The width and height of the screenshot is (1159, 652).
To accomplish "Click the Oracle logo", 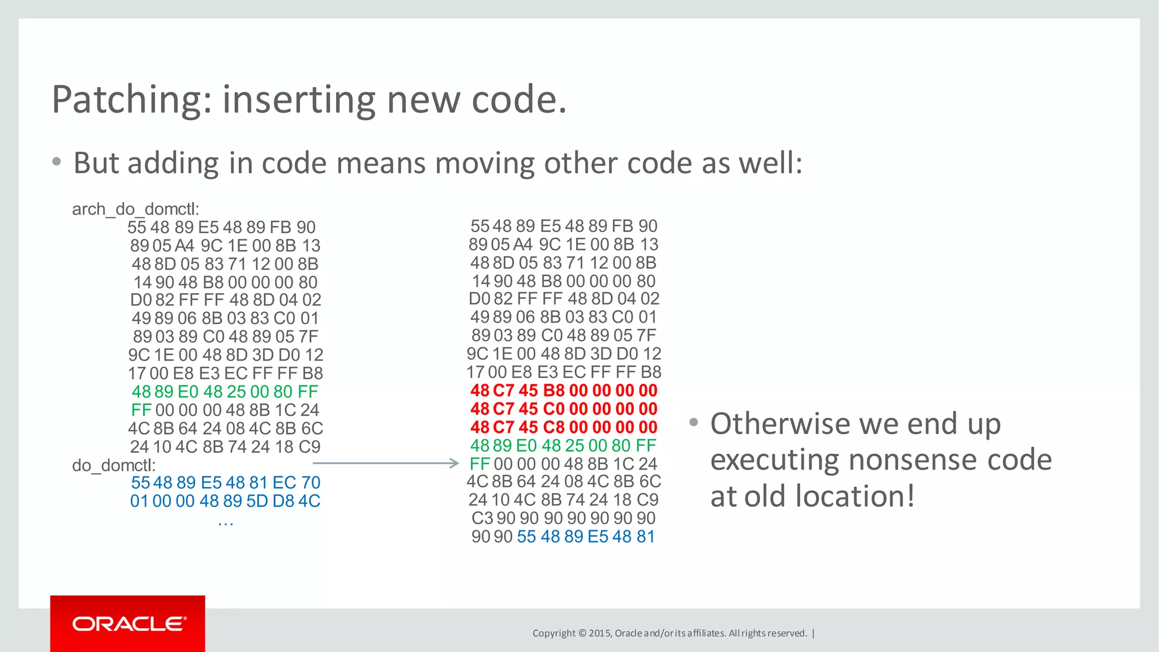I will coord(128,624).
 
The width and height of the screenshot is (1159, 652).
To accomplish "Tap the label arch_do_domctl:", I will coord(136,209).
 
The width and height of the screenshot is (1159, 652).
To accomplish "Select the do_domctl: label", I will coord(114,465).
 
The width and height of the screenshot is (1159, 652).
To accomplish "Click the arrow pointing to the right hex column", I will coord(385,464).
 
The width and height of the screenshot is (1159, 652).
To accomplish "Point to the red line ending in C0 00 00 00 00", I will coord(564,409).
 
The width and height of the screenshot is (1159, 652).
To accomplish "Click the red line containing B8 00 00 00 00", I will coord(564,391).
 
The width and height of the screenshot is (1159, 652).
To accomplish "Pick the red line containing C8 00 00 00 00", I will coord(564,427).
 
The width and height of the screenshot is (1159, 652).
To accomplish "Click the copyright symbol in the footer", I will coord(582,633).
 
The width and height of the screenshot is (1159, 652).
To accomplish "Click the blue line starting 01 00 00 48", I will coord(225,501).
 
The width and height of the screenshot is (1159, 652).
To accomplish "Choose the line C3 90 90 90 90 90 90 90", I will coord(564,518).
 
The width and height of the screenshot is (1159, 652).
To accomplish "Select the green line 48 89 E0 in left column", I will coord(225,392).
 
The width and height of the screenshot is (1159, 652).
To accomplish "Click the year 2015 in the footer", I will coord(599,633).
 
